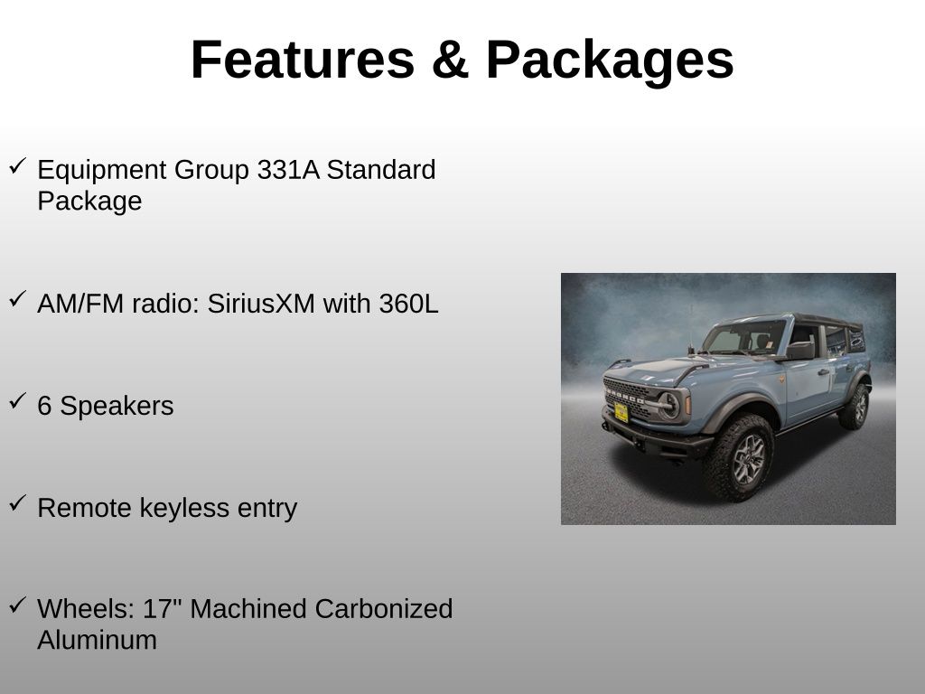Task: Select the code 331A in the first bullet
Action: point(288,170)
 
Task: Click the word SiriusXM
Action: point(261,304)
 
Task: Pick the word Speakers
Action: point(117,407)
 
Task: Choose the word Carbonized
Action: point(383,609)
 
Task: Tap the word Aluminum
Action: point(97,640)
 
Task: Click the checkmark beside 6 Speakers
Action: point(17,402)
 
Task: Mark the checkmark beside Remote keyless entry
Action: point(17,503)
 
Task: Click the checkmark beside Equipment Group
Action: point(17,165)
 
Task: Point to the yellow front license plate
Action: point(621,412)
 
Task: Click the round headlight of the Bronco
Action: point(668,404)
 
